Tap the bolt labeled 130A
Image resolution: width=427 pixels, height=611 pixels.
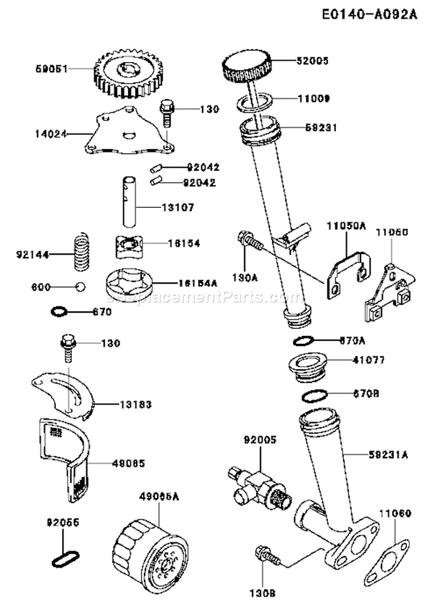pos(249,239)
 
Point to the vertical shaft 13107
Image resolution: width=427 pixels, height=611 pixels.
pos(129,203)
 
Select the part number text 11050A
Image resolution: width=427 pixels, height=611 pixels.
pos(346,226)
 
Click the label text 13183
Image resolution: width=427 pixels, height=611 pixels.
pos(136,405)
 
